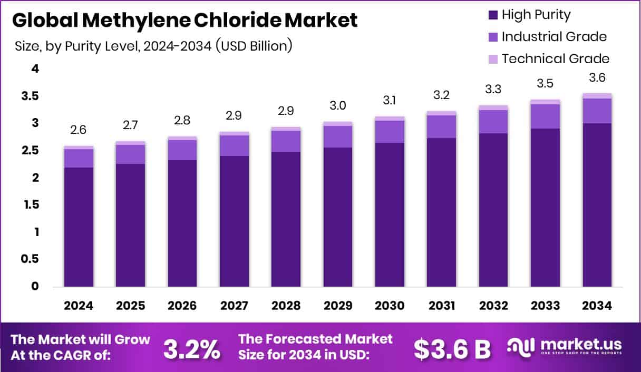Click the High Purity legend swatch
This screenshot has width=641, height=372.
[493, 15]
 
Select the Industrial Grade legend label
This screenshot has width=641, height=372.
[554, 37]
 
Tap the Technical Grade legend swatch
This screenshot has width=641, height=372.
[493, 59]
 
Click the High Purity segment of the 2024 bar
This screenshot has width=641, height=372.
[79, 227]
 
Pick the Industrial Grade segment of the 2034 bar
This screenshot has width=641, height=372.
[597, 111]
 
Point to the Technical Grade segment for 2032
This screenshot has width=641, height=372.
[494, 107]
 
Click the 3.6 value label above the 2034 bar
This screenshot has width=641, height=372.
[597, 77]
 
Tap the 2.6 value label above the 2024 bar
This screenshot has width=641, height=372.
[79, 130]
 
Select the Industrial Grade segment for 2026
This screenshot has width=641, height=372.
[182, 150]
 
